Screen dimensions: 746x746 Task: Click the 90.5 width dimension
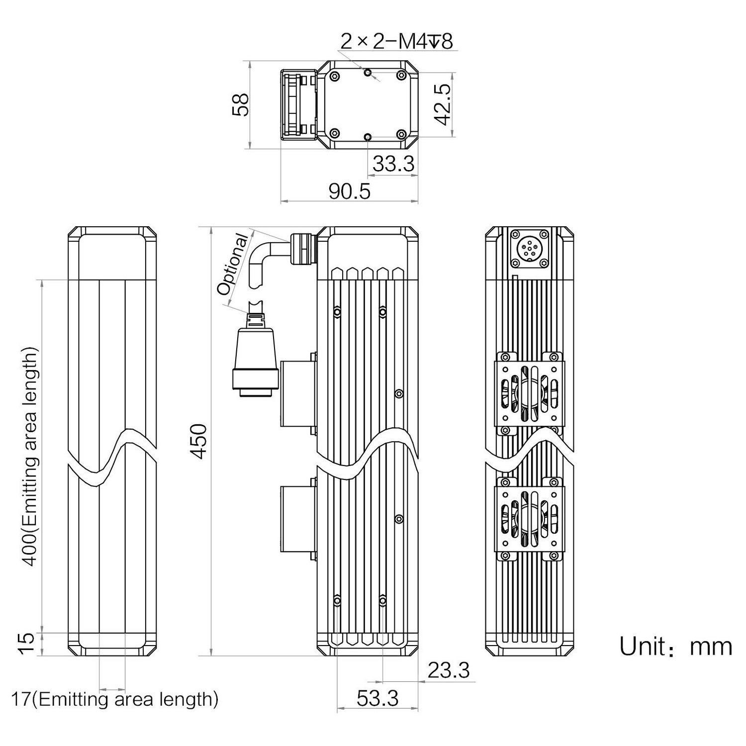click(350, 191)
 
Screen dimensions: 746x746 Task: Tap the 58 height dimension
click(241, 105)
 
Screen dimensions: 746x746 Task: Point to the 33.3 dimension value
click(393, 164)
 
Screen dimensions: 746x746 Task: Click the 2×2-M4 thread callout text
click(396, 42)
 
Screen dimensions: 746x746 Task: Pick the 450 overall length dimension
click(199, 441)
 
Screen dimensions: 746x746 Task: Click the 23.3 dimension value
click(449, 670)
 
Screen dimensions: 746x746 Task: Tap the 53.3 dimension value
click(377, 699)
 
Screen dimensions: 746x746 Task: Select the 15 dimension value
click(29, 644)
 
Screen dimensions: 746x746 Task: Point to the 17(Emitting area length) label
click(115, 699)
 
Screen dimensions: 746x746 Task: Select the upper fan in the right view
click(529, 391)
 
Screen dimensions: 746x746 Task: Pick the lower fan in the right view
click(529, 518)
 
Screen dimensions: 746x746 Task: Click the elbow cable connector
click(279, 255)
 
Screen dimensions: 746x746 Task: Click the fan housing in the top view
click(298, 105)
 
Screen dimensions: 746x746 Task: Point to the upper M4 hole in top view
click(368, 73)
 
